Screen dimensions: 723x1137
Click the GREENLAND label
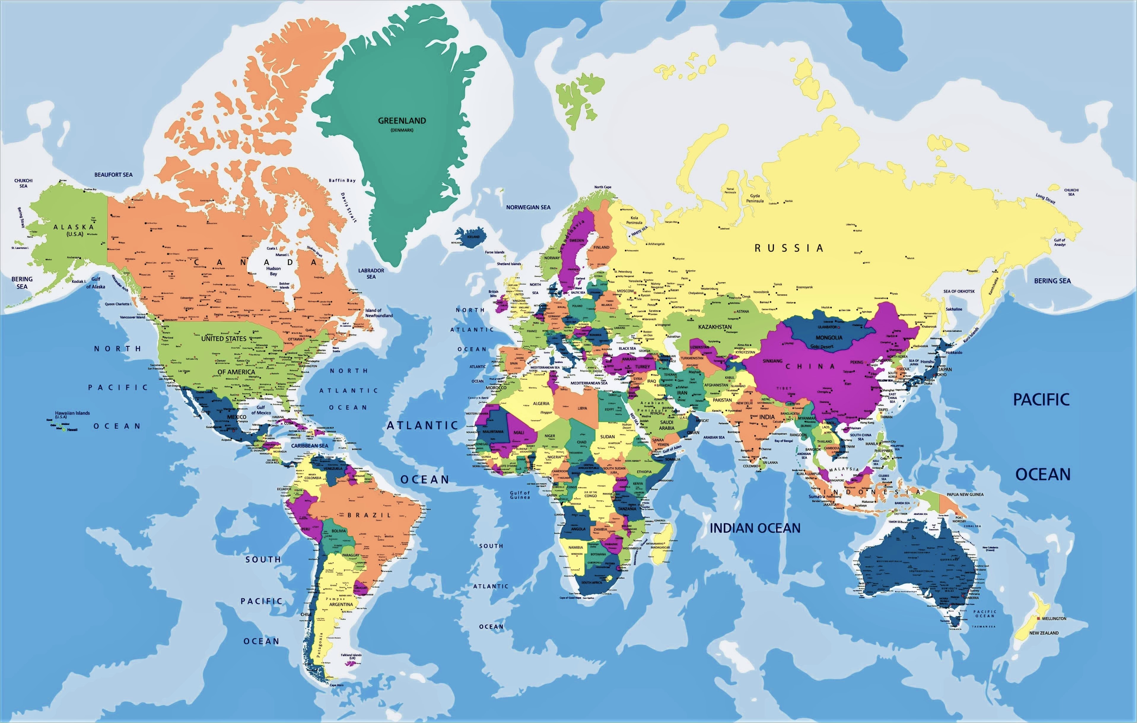click(402, 121)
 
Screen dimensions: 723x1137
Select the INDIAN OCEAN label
click(755, 528)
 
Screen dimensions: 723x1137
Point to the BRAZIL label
click(369, 515)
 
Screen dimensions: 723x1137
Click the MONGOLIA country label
click(829, 337)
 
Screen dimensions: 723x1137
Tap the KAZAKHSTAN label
click(715, 327)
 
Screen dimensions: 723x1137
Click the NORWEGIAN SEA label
click(528, 207)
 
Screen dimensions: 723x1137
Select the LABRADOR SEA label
click(371, 274)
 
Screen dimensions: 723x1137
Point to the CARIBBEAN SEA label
click(309, 446)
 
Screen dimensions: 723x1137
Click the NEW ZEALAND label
click(1044, 633)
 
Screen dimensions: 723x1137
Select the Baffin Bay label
click(342, 180)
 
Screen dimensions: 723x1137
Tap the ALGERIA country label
click(541, 403)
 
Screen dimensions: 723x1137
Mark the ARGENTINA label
click(341, 604)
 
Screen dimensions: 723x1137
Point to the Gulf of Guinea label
click(520, 494)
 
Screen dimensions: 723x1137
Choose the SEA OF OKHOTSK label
click(959, 291)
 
